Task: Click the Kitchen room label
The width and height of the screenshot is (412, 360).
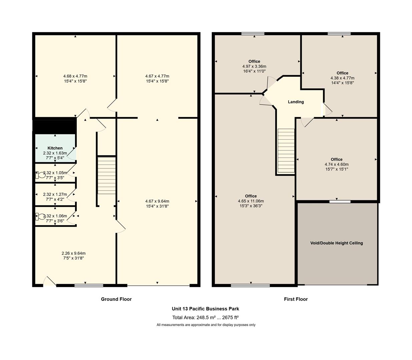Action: click(x=55, y=148)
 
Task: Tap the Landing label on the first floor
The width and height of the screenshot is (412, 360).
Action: click(x=296, y=102)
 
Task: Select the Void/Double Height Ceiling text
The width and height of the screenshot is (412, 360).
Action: click(x=337, y=243)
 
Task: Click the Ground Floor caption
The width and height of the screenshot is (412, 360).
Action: click(x=116, y=299)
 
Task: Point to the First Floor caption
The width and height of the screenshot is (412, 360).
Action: click(x=296, y=299)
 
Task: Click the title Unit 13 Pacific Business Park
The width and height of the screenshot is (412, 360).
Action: click(x=205, y=308)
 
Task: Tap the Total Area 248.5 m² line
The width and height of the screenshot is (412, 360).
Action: click(x=205, y=317)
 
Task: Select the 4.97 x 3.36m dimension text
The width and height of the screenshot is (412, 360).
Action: click(x=254, y=66)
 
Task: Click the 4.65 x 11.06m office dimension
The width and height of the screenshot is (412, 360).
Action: click(x=251, y=201)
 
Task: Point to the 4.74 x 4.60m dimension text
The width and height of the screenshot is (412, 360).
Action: click(x=337, y=164)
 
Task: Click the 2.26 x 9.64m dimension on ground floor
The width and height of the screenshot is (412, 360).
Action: click(x=73, y=253)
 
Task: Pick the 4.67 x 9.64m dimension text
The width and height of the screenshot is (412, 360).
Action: click(x=157, y=201)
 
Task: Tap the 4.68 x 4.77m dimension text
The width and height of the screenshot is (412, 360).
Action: click(x=75, y=76)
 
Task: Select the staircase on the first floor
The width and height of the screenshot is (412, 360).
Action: click(x=286, y=151)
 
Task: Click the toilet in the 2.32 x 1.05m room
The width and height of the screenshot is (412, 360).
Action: click(x=40, y=175)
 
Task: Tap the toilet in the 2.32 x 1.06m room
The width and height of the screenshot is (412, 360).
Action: click(x=40, y=217)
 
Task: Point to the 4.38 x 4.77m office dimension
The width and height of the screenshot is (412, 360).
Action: click(x=342, y=78)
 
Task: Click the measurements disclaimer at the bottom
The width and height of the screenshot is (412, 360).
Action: click(x=206, y=325)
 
